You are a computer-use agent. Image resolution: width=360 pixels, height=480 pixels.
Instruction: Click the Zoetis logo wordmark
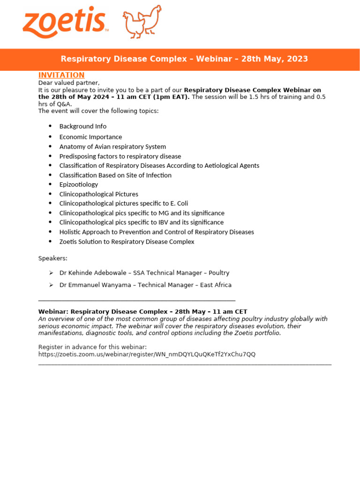[x=64, y=23]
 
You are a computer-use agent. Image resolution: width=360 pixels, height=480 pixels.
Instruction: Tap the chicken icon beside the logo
[x=142, y=22]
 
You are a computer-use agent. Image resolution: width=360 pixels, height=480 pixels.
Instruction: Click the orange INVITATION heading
[x=61, y=75]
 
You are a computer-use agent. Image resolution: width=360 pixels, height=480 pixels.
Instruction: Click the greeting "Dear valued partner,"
[x=69, y=83]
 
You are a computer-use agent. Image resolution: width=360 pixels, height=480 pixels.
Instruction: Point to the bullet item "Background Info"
[x=83, y=127]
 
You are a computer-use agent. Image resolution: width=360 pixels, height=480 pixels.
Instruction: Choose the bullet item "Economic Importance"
[x=90, y=137]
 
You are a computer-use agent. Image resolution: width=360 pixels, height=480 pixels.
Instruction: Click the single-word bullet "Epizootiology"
[x=79, y=185]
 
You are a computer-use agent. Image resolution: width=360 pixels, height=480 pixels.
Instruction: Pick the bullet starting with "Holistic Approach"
[x=157, y=232]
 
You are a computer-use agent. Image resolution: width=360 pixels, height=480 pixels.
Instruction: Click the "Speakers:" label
[x=52, y=258]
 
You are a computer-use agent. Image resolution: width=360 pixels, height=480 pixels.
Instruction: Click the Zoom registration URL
[x=147, y=354]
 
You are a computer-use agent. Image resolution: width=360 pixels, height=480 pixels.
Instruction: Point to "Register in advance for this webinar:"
[x=92, y=347]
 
